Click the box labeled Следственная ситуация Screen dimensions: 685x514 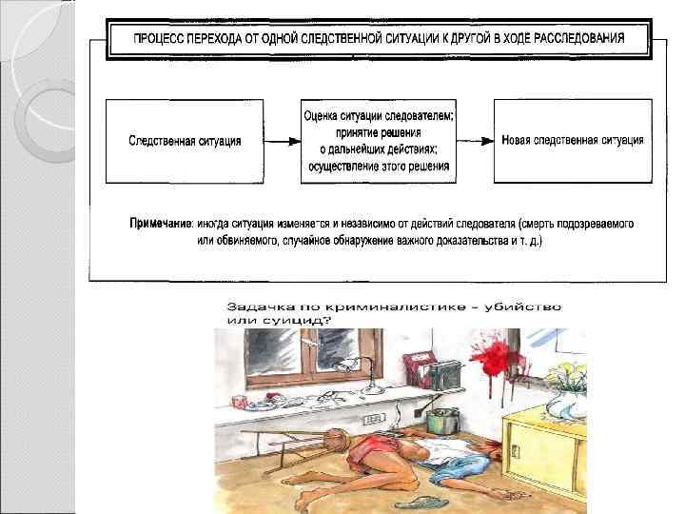tap(185, 140)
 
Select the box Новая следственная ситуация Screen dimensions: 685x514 tap(572, 140)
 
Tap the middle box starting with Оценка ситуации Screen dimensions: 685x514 tap(379, 141)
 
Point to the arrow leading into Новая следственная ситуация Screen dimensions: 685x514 tap(475, 140)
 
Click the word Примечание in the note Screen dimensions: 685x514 tap(161, 223)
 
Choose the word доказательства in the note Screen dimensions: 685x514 tap(447, 241)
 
